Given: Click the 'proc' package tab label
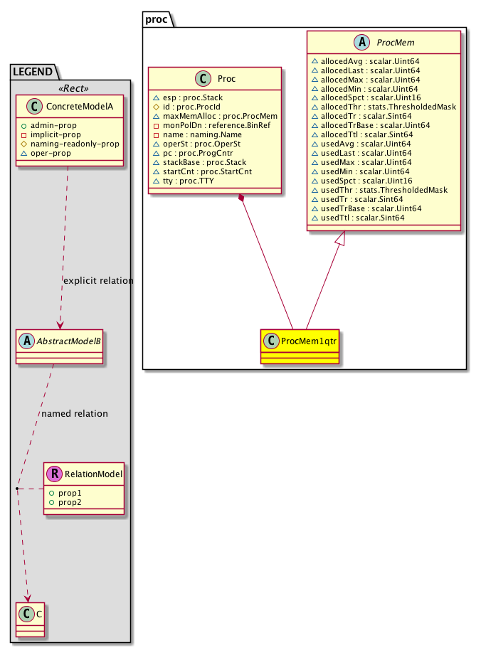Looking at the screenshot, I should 156,18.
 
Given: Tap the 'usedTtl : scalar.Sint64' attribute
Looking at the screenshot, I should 362,218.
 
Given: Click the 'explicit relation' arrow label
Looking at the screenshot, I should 98,280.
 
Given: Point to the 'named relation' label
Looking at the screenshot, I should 75,413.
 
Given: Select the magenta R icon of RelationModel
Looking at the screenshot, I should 53,474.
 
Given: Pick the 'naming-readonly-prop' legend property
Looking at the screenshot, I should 74,144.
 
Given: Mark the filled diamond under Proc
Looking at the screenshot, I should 243,198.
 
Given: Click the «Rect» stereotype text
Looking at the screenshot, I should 69,90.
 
